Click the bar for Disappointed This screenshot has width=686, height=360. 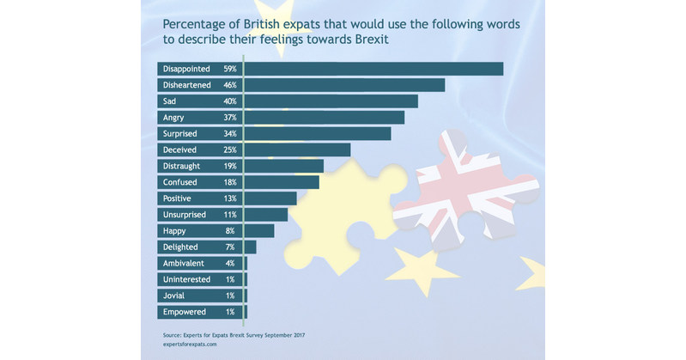(373, 69)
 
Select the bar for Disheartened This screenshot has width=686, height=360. (344, 85)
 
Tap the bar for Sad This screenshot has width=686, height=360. (331, 101)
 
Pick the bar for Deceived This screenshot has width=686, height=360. (297, 149)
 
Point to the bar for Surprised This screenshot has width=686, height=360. (318, 133)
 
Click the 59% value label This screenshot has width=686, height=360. (229, 69)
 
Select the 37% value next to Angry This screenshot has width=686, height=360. (229, 117)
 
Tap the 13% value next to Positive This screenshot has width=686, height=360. (229, 198)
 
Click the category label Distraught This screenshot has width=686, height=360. (182, 166)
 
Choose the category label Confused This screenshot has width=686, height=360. (179, 182)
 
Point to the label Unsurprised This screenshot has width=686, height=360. (185, 214)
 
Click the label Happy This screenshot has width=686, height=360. (174, 230)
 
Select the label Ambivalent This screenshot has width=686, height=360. (184, 263)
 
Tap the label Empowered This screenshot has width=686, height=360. (184, 311)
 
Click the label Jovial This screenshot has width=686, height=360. (173, 295)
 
